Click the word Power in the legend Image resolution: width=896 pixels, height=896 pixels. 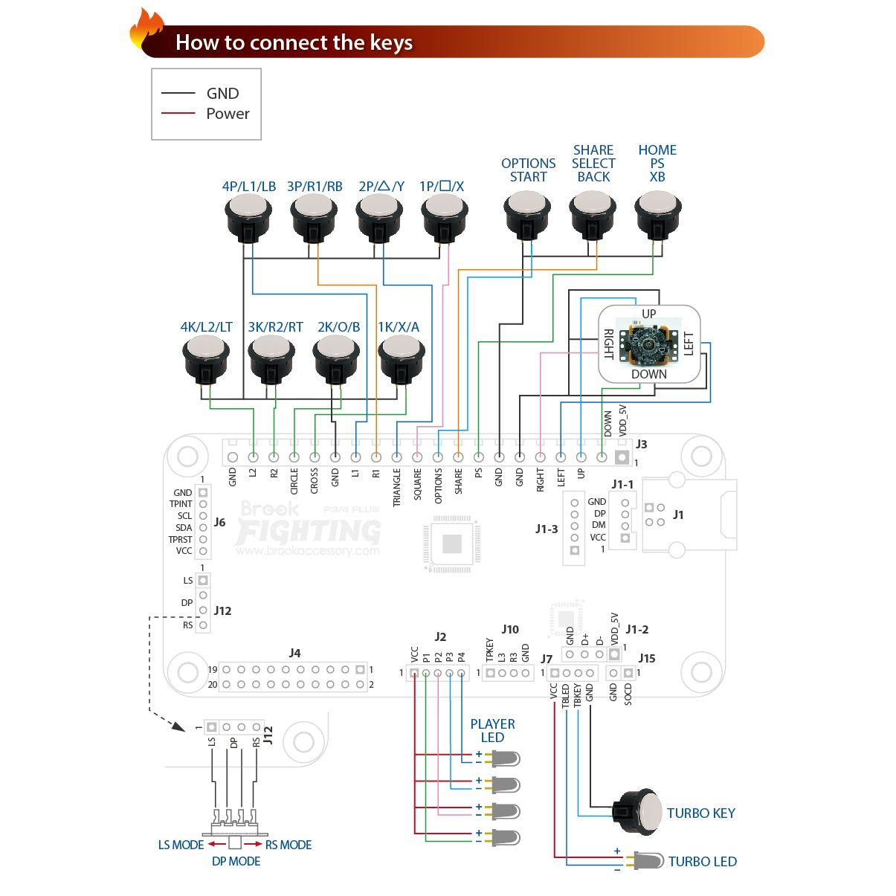click(x=228, y=114)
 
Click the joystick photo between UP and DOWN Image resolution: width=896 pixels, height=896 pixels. click(x=649, y=344)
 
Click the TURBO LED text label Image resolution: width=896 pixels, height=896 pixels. click(x=702, y=862)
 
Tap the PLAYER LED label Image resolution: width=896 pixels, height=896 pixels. click(x=492, y=730)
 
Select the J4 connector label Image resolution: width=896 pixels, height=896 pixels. click(x=294, y=653)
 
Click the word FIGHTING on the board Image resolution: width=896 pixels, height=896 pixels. click(x=309, y=531)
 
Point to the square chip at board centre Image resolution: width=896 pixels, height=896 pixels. click(x=451, y=544)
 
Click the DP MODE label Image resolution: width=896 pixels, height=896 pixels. click(x=236, y=861)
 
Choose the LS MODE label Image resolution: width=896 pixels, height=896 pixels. click(x=181, y=845)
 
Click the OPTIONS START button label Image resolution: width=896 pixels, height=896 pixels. click(x=528, y=170)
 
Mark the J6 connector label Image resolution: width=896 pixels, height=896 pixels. click(x=219, y=522)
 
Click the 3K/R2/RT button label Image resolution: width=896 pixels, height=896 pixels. click(x=275, y=327)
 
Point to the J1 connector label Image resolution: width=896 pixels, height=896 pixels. click(x=678, y=515)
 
